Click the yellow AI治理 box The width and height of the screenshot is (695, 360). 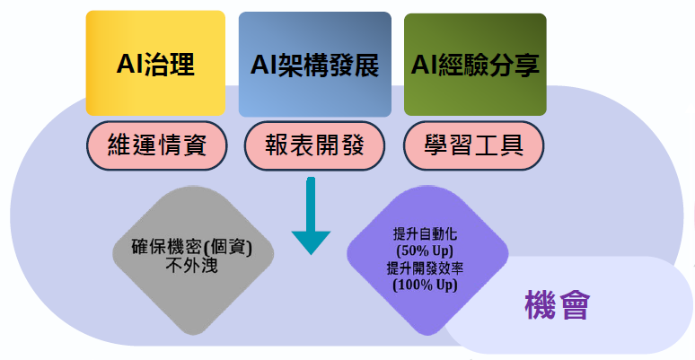[x=155, y=64]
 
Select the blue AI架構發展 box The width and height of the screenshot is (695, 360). [x=314, y=64]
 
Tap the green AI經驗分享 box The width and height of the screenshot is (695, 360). [x=475, y=64]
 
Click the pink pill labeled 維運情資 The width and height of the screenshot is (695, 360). [x=155, y=145]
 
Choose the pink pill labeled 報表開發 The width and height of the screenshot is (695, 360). [x=314, y=145]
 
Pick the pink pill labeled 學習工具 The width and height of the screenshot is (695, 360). [x=474, y=145]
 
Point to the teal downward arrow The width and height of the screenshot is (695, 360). [x=311, y=215]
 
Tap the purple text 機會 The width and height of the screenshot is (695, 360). [x=556, y=306]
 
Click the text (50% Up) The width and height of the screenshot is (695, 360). [x=425, y=250]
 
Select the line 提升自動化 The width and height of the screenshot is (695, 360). [x=425, y=233]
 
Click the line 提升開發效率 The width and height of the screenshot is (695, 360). [x=425, y=268]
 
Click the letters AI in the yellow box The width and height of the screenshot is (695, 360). [x=129, y=64]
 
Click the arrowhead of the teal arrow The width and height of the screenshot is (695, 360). [x=311, y=241]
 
